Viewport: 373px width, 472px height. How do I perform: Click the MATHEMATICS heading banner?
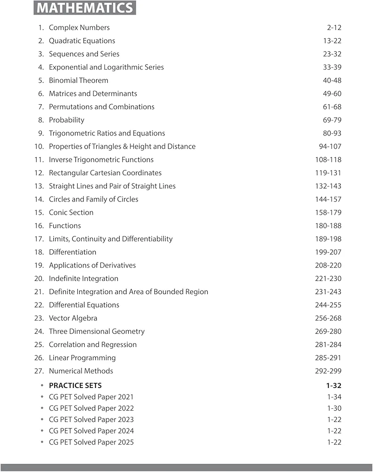(85, 8)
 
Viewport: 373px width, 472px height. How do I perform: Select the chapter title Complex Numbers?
(79, 27)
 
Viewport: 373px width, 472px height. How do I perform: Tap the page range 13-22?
(332, 41)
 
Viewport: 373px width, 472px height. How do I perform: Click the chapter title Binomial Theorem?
(78, 80)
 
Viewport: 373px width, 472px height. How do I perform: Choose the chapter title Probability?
(66, 120)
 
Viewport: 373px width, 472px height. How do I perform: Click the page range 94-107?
(330, 146)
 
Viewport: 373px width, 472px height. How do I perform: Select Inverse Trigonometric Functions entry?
(101, 160)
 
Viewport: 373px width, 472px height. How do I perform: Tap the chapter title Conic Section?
(71, 212)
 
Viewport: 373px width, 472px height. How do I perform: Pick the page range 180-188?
(328, 226)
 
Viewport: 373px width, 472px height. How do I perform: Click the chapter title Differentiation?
(73, 252)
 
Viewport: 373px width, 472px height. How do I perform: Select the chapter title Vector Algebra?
(73, 318)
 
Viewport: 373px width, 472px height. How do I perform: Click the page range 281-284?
(328, 345)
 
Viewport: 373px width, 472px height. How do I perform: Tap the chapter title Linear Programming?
(82, 358)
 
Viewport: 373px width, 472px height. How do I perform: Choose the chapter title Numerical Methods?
(81, 371)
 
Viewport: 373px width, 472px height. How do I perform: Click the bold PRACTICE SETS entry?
(75, 386)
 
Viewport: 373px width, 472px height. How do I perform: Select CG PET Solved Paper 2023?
(91, 420)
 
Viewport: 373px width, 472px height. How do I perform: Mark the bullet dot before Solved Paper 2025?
(42, 442)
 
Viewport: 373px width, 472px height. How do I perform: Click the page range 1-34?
(334, 397)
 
